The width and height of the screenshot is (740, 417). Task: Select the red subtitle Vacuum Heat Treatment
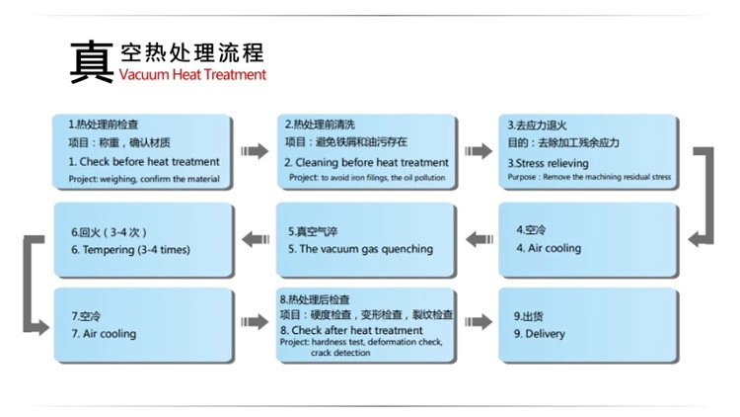(192, 74)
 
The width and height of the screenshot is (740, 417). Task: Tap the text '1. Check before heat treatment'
(144, 161)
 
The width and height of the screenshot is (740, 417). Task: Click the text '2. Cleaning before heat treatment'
(366, 162)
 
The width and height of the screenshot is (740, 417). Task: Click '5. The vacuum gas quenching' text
(360, 249)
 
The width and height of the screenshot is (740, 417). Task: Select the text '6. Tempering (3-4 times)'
(129, 249)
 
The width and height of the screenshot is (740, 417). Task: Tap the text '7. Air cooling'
(104, 334)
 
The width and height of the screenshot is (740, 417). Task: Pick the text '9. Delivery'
(540, 334)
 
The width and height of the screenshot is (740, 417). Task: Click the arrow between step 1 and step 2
(255, 151)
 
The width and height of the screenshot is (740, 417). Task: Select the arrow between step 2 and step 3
(478, 151)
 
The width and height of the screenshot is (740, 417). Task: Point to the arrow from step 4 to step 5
(478, 236)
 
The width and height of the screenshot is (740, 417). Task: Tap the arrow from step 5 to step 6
(255, 236)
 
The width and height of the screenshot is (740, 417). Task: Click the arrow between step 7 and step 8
(255, 321)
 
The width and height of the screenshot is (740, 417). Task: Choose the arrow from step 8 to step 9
(478, 321)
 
